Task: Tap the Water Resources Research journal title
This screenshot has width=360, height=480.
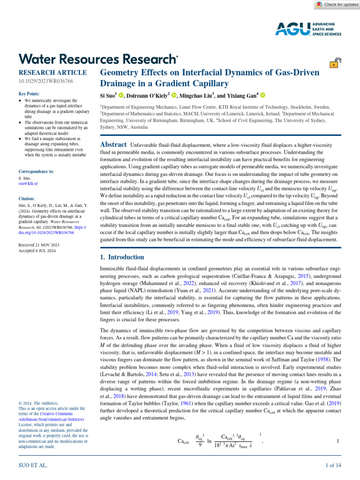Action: tap(98, 59)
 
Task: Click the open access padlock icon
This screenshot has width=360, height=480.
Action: tap(336, 64)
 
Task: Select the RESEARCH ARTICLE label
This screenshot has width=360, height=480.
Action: tap(52, 73)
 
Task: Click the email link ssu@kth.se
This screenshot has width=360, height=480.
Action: tap(28, 184)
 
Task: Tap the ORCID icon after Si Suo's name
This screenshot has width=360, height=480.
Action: tap(121, 96)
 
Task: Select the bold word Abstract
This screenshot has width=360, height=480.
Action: tap(114, 145)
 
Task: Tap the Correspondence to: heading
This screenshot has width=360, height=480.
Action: tap(36, 172)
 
